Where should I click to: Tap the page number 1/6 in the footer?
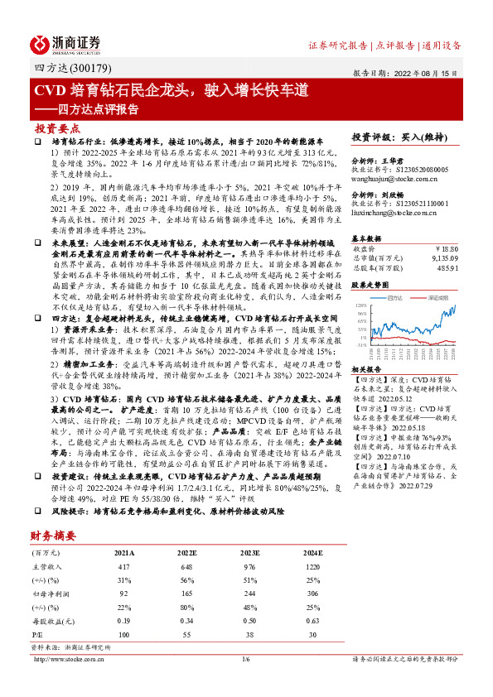(x=246, y=682)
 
